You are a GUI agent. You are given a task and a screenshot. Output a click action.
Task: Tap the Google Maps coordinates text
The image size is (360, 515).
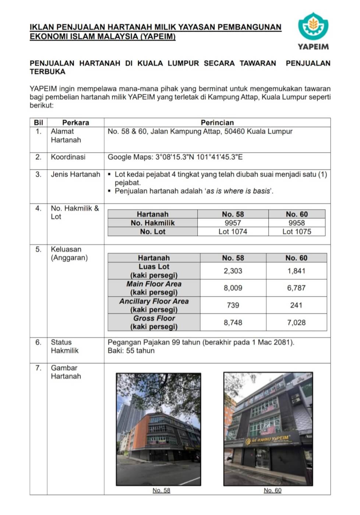175,157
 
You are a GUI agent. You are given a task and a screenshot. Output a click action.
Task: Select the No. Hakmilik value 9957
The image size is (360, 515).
233,223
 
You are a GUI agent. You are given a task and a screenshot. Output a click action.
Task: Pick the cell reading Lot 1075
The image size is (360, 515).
297,232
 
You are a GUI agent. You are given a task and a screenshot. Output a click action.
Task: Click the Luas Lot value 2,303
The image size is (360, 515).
233,271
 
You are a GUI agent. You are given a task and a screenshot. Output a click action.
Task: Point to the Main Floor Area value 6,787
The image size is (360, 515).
296,288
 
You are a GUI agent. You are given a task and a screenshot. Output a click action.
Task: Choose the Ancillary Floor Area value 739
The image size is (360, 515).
233,305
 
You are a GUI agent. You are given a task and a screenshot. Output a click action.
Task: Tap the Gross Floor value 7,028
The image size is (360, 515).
296,323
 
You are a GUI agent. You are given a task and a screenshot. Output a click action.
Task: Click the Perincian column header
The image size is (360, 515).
217,122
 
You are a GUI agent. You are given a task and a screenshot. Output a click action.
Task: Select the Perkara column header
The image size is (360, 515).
75,122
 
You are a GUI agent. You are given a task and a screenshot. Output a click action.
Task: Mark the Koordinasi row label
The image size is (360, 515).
68,157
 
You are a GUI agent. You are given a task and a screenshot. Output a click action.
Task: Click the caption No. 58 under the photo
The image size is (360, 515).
161,490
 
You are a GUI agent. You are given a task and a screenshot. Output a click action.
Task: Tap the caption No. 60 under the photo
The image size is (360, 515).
272,490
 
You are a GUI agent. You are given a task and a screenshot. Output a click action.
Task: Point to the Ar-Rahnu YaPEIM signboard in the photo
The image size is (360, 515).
268,439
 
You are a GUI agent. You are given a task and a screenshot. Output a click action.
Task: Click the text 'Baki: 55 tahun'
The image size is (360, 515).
131,351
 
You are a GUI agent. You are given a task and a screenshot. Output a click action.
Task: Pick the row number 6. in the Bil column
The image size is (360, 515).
38,342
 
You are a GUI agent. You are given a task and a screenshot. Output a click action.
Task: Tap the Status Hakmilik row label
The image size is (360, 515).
64,347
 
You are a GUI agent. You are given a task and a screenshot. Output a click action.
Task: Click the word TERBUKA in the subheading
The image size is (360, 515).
47,72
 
